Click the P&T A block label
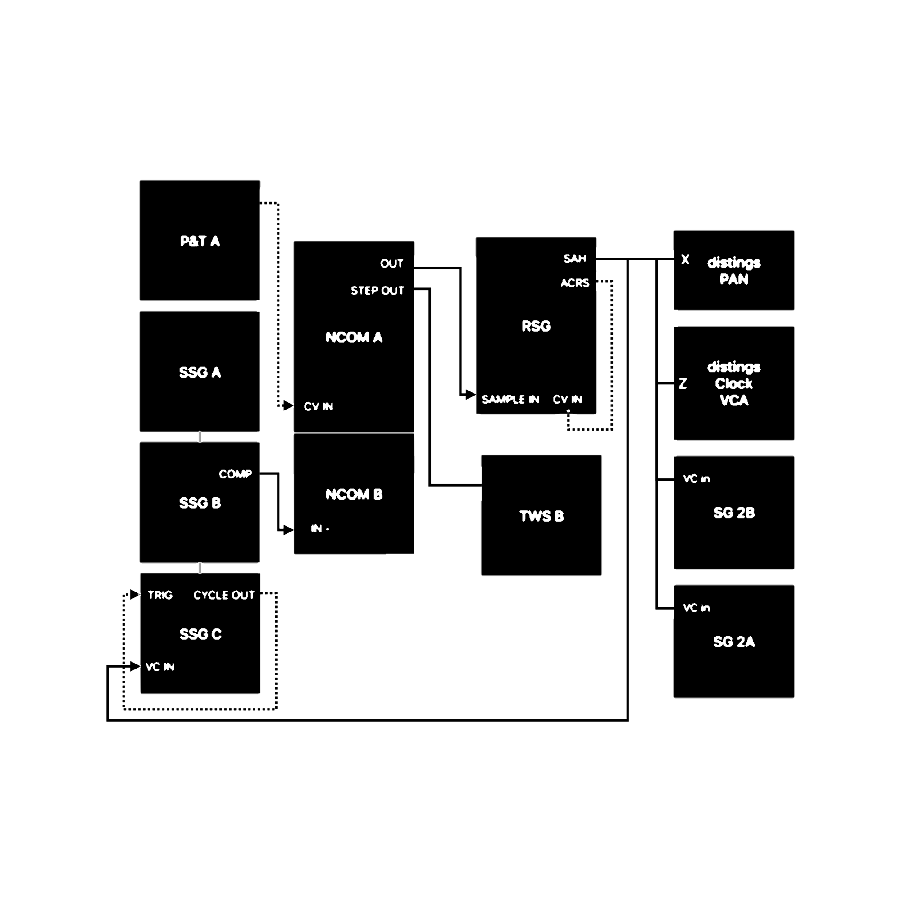point(200,241)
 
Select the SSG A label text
point(200,372)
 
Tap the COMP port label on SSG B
point(235,474)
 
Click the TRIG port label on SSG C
point(160,595)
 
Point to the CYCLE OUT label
point(224,595)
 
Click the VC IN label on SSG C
point(160,667)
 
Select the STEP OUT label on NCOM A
point(377,291)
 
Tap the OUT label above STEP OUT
point(392,264)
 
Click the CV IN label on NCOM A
point(319,407)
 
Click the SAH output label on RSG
point(574,258)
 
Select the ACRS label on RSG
point(575,283)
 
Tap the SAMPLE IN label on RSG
point(510,399)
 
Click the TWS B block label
point(542,516)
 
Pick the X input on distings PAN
point(685,259)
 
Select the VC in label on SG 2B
point(696,479)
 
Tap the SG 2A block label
point(733,642)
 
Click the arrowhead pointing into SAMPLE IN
point(471,395)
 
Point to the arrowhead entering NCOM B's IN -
point(289,530)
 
